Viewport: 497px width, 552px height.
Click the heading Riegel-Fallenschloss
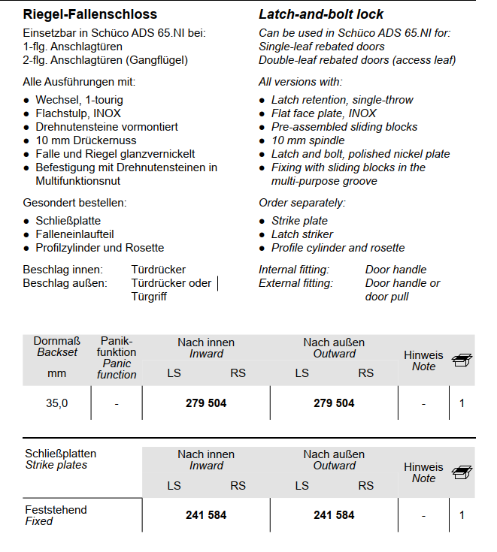tap(90, 14)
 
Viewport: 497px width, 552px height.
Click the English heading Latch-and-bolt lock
tap(321, 14)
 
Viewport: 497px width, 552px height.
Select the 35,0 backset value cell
tap(56, 403)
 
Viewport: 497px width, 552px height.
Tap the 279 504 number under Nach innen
tap(206, 403)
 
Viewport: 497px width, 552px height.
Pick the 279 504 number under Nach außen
tap(334, 403)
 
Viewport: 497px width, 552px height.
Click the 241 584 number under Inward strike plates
tap(206, 515)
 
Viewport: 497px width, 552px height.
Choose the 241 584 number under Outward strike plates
tap(334, 515)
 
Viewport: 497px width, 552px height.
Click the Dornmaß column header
tap(57, 347)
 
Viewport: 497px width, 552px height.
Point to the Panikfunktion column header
tap(117, 347)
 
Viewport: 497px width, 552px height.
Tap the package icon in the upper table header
tap(462, 360)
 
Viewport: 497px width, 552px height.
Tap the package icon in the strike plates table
tap(462, 472)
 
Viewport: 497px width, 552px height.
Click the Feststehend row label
tap(56, 510)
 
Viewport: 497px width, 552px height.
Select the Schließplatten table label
tap(61, 454)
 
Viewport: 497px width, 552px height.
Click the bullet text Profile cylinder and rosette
tap(338, 248)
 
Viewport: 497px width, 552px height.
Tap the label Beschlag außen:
tap(65, 283)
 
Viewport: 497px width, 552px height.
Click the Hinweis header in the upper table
tap(423, 355)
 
